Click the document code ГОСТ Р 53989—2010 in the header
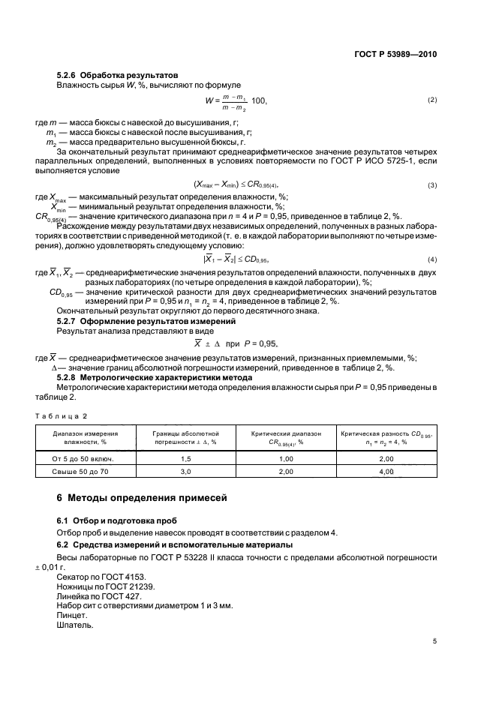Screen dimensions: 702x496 [x=395, y=54]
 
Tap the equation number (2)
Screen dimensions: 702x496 [x=432, y=100]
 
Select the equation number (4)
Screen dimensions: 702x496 [x=432, y=259]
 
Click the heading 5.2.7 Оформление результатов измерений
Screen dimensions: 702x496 [x=147, y=321]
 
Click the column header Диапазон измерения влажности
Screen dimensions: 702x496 [x=85, y=438]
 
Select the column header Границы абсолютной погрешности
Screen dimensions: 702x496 [x=185, y=438]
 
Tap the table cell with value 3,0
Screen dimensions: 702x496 [x=185, y=471]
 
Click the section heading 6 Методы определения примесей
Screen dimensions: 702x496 [x=146, y=498]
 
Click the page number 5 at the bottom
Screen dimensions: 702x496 [x=434, y=641]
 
